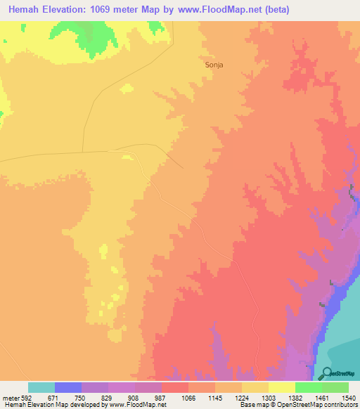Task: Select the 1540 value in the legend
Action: click(349, 397)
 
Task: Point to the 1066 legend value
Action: click(188, 397)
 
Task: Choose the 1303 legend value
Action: click(269, 397)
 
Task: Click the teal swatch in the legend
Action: click(41, 387)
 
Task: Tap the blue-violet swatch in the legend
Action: click(68, 387)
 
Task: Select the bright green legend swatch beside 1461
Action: click(309, 387)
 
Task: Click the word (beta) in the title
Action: click(275, 10)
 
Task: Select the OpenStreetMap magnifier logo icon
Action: click(326, 374)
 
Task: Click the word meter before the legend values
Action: click(12, 397)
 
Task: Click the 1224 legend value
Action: click(242, 397)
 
